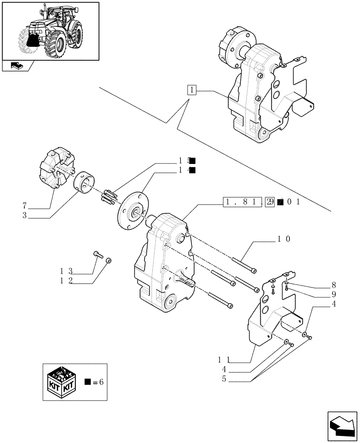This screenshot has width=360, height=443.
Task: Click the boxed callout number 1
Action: (192, 90)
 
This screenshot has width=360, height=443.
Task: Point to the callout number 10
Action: (284, 239)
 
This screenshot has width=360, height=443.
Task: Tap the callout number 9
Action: (333, 294)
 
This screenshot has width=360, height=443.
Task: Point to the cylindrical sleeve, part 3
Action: (84, 183)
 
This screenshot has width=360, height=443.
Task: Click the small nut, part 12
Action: (110, 260)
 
